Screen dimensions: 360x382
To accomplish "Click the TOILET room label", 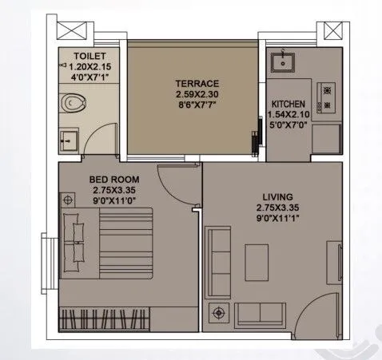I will coord(90,57).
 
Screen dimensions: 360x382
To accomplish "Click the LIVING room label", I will coord(277,196).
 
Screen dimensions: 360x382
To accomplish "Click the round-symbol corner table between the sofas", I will coord(214,312).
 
